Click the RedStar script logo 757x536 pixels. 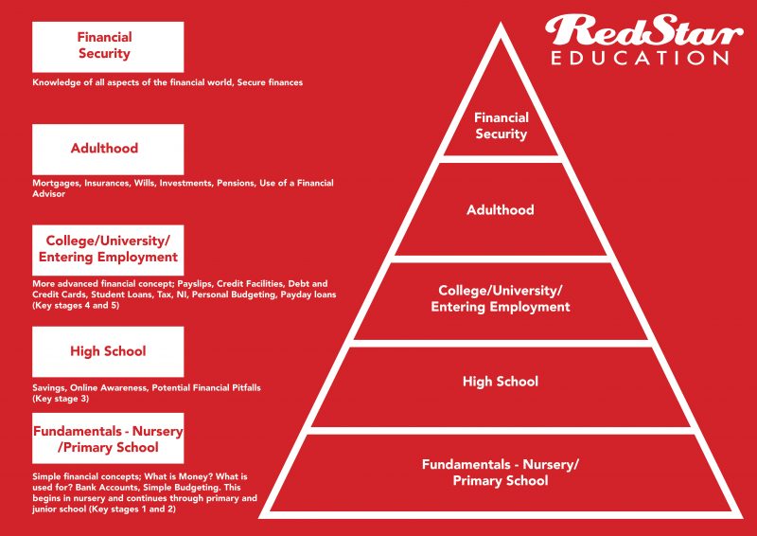coord(643,31)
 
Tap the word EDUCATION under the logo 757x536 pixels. coord(640,58)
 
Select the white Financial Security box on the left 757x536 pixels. coord(108,47)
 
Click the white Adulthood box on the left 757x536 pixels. coord(108,150)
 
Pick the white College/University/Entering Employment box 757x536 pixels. coord(108,250)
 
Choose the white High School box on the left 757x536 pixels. coord(108,351)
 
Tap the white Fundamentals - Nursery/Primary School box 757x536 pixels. coord(108,438)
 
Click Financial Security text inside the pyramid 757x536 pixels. coord(501,126)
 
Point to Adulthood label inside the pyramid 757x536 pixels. coord(501,210)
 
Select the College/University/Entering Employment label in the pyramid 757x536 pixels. coord(501,298)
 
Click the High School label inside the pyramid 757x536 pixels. coord(501,382)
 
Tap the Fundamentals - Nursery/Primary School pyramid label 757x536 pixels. coord(501,473)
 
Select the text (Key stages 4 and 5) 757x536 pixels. coord(76,306)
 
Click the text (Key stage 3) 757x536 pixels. coord(61,399)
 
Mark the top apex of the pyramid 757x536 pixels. coord(501,22)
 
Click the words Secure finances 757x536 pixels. coord(270,82)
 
